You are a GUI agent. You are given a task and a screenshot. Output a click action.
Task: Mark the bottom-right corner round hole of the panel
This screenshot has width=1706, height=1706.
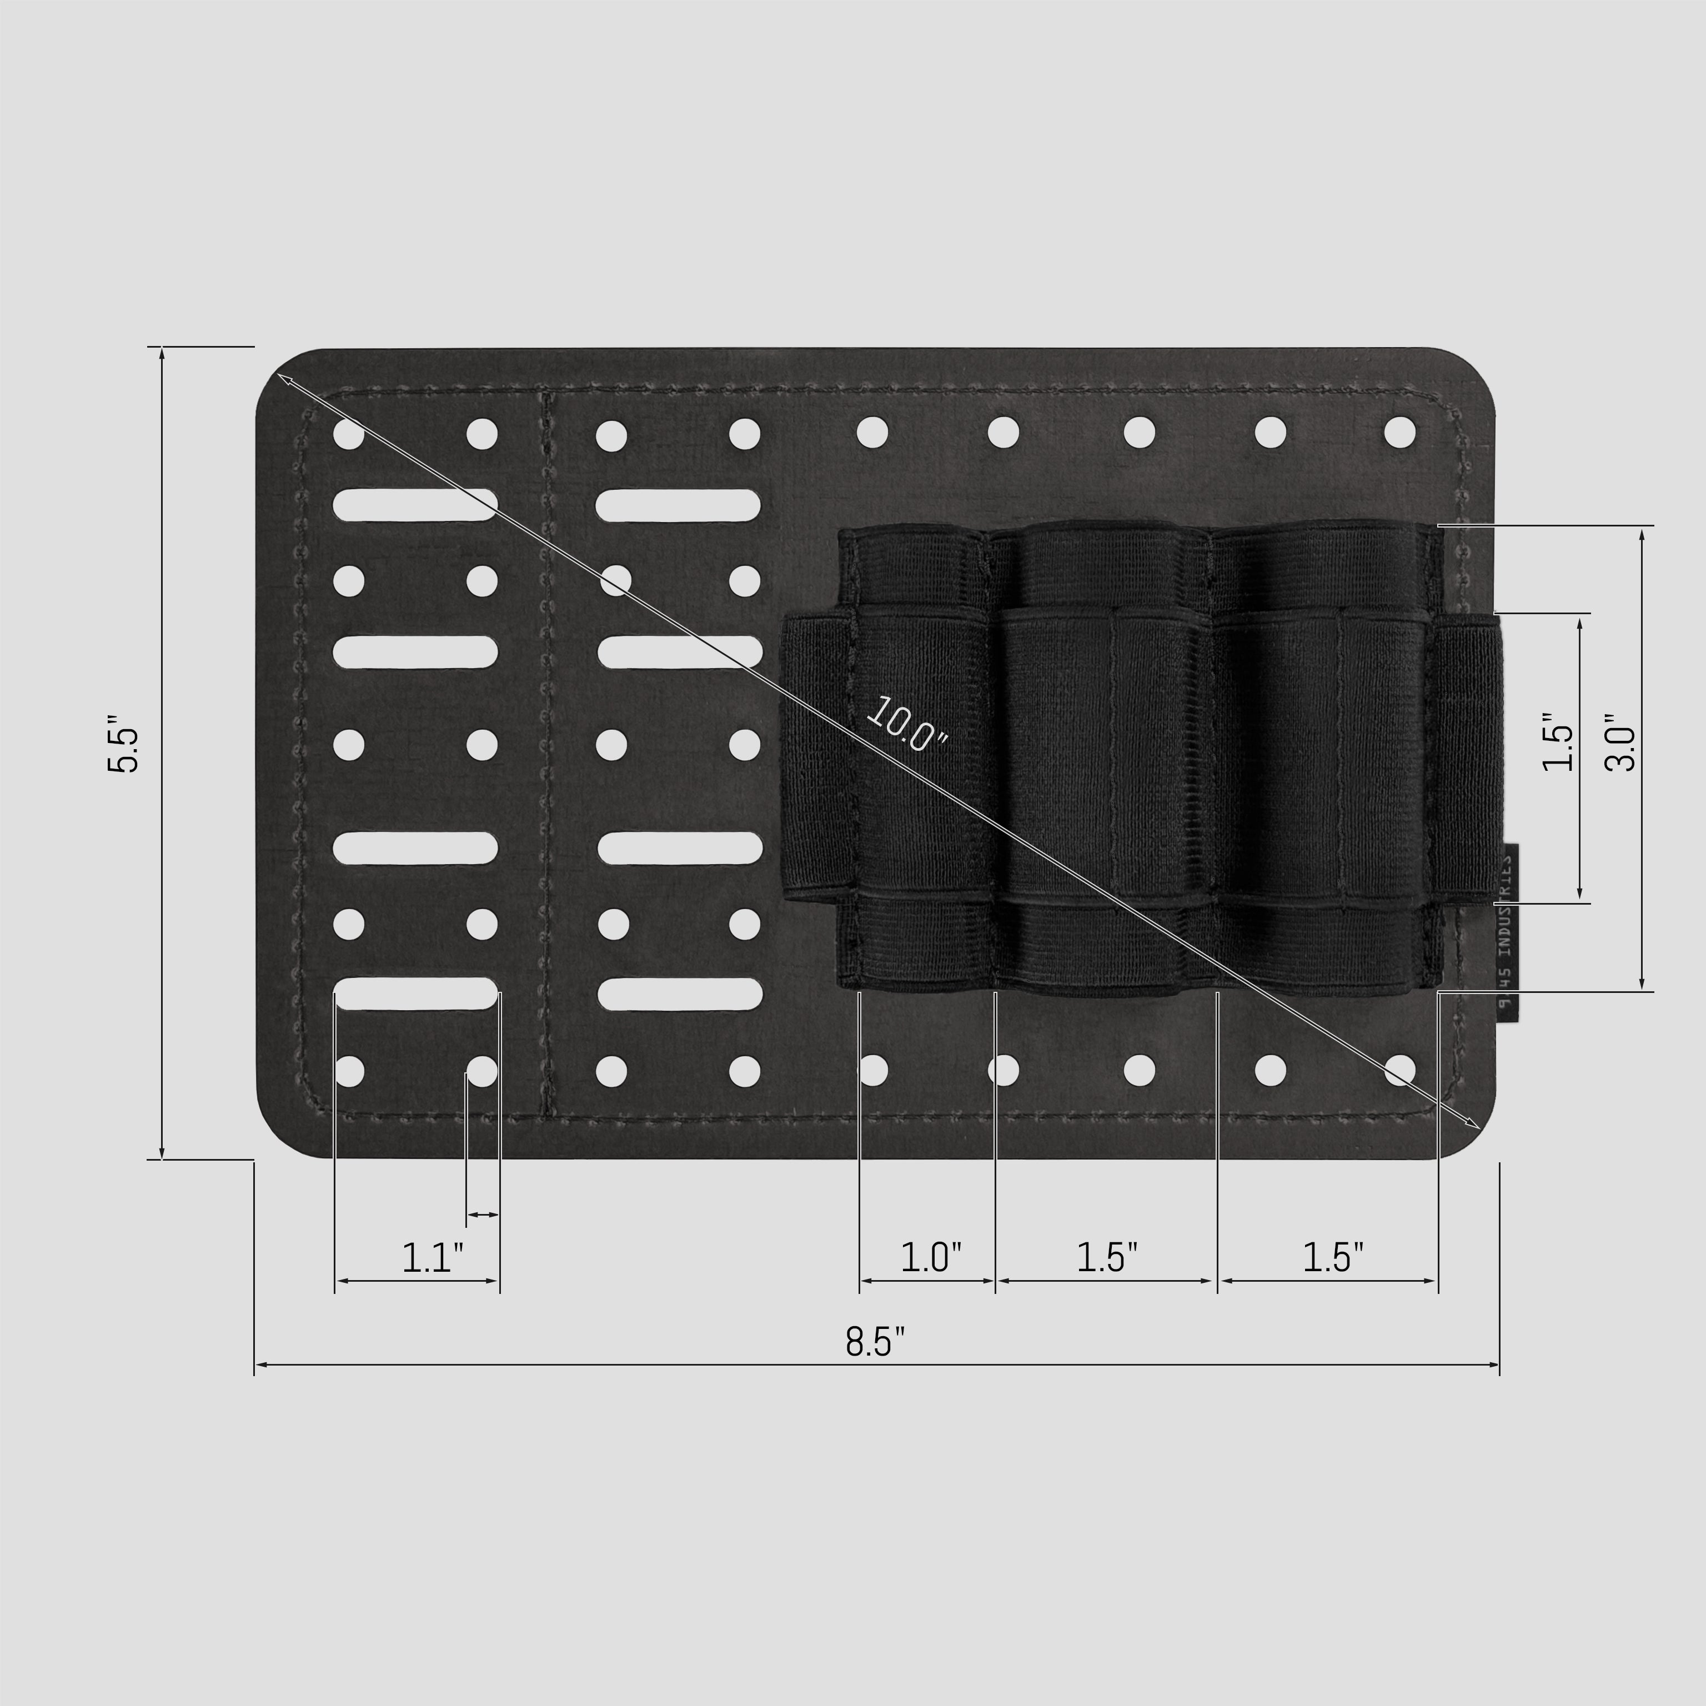click(1399, 1070)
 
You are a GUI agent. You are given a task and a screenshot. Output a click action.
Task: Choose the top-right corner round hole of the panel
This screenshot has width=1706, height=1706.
click(1399, 432)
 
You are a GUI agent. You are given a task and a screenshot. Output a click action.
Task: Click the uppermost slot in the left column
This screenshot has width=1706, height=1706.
click(415, 505)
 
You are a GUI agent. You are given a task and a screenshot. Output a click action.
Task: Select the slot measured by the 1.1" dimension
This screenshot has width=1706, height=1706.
click(415, 994)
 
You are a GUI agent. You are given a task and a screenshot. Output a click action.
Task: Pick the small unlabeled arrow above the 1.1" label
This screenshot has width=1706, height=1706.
click(482, 1215)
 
